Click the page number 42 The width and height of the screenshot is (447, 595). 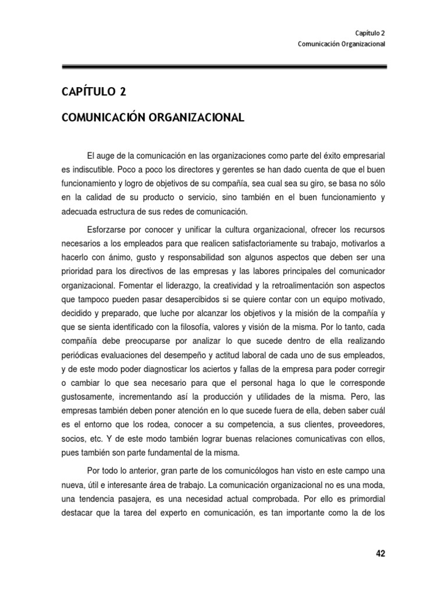(380, 554)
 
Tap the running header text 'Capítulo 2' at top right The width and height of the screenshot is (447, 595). (370, 33)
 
